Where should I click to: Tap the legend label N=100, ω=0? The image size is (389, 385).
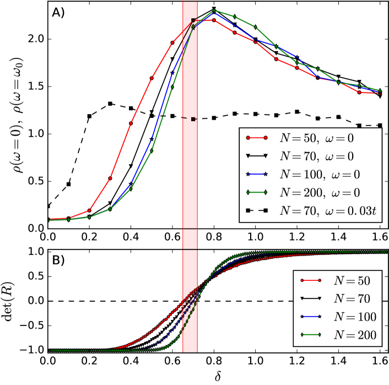click(x=320, y=174)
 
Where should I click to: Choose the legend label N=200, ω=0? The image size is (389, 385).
click(x=320, y=192)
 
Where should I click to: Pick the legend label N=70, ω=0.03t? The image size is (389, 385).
click(x=328, y=210)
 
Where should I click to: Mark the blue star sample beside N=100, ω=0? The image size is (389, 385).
click(x=257, y=174)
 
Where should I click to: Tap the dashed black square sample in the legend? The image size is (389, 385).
click(x=257, y=210)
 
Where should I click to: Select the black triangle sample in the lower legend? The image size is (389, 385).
click(x=311, y=298)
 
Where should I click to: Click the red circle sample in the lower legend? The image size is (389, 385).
click(x=311, y=280)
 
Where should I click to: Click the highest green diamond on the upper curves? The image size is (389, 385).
click(x=214, y=10)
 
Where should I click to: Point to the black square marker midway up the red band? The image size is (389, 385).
click(x=193, y=119)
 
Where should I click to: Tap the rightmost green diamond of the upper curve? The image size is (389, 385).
click(x=380, y=90)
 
